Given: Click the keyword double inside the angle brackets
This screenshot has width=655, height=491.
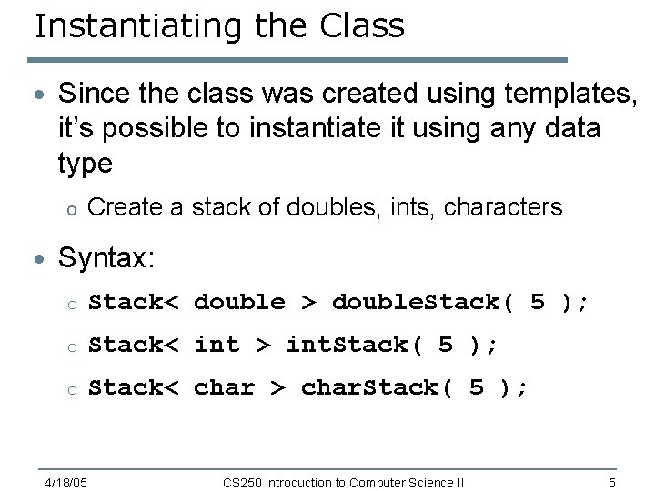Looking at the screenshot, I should click(x=239, y=302).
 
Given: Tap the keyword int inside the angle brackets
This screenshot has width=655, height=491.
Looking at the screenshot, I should click(x=217, y=345).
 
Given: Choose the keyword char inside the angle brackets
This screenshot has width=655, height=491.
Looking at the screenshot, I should click(x=224, y=387).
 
